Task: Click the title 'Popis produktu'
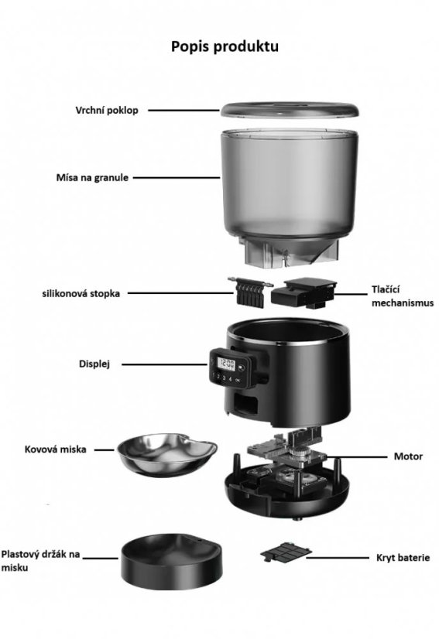[x=225, y=46]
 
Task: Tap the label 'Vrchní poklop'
[x=107, y=111]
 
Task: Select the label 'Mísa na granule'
[x=92, y=178]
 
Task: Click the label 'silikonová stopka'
[x=81, y=293]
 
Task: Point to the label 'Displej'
[x=94, y=364]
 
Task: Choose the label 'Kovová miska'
[x=56, y=449]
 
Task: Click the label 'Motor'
[x=408, y=456]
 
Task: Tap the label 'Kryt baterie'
[x=403, y=558]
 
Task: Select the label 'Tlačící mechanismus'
[x=403, y=296]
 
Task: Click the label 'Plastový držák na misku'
[x=40, y=560]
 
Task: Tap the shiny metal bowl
[x=167, y=454]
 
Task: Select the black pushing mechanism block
[x=304, y=293]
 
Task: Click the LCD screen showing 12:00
[x=225, y=363]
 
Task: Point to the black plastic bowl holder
[x=171, y=561]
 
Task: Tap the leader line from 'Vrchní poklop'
[x=184, y=110]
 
